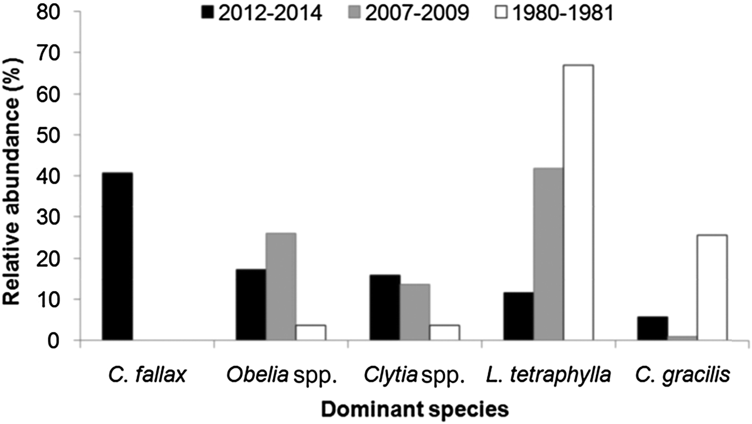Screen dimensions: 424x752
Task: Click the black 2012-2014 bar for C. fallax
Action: tap(117, 256)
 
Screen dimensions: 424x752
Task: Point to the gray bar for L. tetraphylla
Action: tap(548, 254)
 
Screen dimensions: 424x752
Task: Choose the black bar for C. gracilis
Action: tap(653, 328)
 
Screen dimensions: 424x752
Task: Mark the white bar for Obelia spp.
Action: tap(310, 333)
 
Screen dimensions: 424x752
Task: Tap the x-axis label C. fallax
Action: tap(147, 375)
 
